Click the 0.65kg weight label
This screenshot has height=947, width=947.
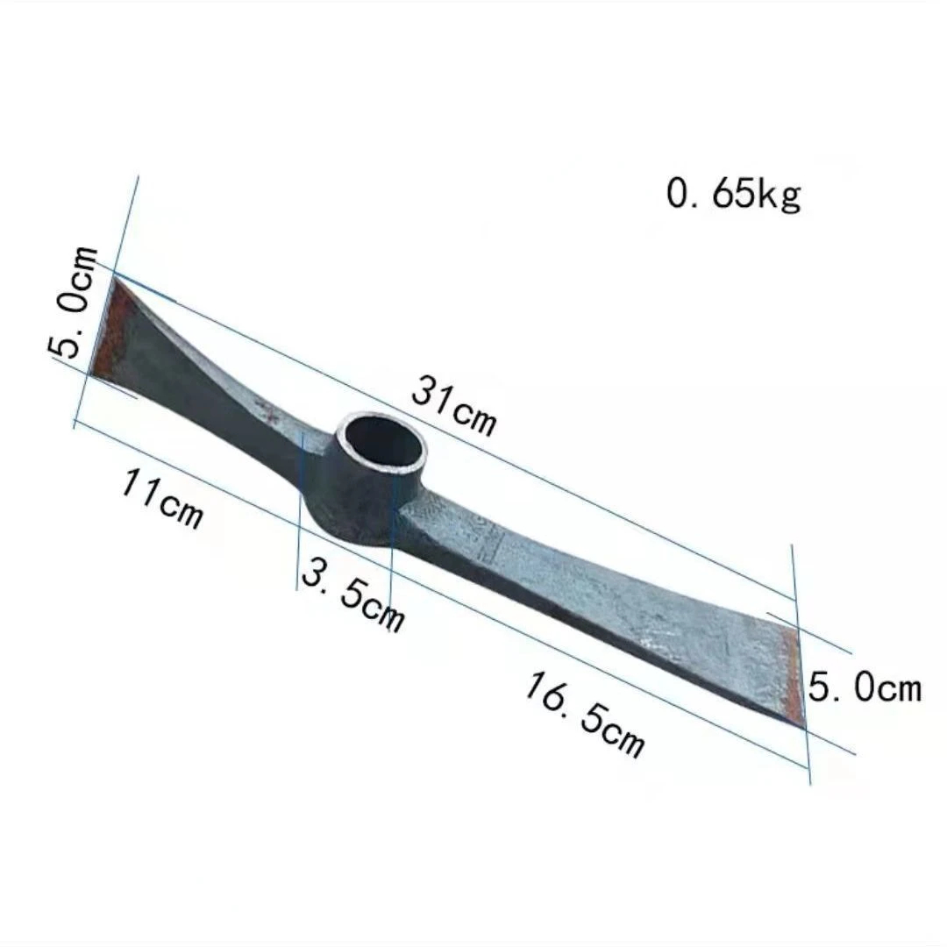click(734, 195)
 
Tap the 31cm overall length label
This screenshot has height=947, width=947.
click(454, 404)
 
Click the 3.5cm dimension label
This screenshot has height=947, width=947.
click(352, 595)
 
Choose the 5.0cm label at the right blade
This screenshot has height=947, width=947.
click(865, 688)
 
